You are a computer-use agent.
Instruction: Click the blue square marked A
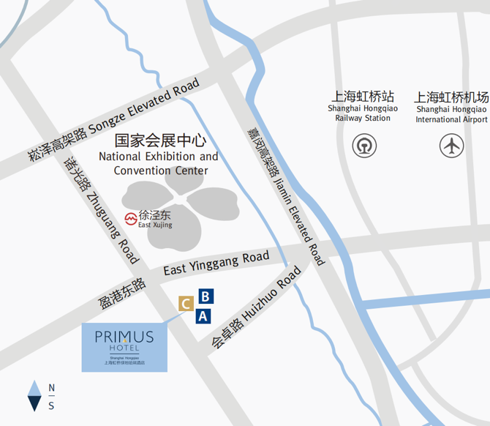tap(204, 316)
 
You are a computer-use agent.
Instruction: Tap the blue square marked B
tap(206, 296)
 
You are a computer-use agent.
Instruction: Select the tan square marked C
tap(186, 303)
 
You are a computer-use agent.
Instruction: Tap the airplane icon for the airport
tap(451, 146)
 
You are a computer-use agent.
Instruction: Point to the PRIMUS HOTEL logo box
tap(124, 345)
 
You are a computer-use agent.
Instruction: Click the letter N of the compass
tap(51, 387)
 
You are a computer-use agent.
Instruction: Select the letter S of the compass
tap(51, 406)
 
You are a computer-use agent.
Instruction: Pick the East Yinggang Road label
tap(216, 264)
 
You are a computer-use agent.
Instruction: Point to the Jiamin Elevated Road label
tap(285, 193)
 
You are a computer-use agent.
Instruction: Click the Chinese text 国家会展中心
tap(161, 141)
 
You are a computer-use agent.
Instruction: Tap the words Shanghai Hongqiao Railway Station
tap(363, 113)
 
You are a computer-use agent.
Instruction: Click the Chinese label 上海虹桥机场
tap(451, 97)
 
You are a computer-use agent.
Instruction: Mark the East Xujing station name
tap(155, 220)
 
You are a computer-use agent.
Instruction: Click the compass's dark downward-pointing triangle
tap(34, 402)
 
